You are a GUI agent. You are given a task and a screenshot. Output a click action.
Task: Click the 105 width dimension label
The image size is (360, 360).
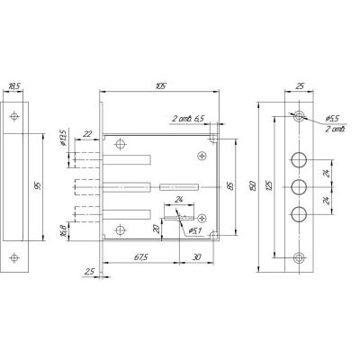tap(161, 85)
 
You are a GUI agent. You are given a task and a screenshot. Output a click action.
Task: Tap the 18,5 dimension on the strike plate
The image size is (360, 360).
tap(13, 86)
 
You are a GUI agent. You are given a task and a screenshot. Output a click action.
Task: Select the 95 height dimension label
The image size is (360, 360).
tap(38, 186)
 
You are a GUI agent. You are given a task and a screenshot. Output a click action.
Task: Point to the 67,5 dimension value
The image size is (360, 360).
tap(140, 257)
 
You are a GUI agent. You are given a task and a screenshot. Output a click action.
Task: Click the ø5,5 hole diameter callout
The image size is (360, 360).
tap(332, 119)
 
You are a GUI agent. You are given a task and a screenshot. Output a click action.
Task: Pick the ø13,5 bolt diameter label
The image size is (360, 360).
tap(63, 138)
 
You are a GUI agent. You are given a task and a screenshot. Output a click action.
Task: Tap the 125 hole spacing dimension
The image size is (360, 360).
tap(269, 186)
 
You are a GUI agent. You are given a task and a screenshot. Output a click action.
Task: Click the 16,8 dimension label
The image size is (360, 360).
tap(63, 231)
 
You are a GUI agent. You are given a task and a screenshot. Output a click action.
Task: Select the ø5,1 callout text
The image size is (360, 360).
tap(194, 231)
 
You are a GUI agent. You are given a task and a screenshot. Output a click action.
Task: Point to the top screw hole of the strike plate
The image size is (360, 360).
tap(14, 116)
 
